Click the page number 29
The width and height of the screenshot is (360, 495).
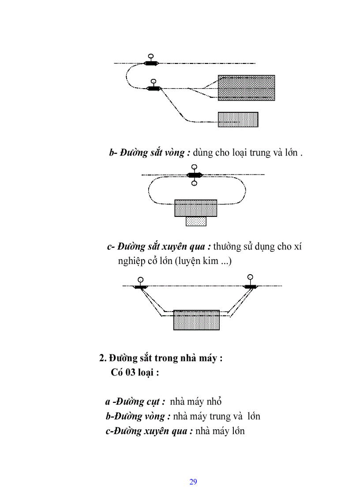click(x=193, y=481)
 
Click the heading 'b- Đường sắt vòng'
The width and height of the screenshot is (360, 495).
click(x=150, y=153)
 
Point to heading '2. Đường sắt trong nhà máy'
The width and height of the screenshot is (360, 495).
click(x=161, y=358)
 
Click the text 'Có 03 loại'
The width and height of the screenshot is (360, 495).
click(x=135, y=372)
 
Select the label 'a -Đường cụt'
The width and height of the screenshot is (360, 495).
click(x=135, y=402)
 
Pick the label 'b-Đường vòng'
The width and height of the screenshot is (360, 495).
click(x=138, y=416)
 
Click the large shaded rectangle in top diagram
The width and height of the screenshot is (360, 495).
click(x=246, y=88)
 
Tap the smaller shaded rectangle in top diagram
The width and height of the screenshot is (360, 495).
click(x=238, y=119)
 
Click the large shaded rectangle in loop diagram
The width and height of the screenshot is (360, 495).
click(x=196, y=208)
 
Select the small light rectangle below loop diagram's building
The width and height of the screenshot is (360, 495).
click(x=196, y=221)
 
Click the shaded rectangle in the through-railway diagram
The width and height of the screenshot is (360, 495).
click(x=196, y=320)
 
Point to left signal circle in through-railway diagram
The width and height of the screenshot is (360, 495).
click(x=140, y=279)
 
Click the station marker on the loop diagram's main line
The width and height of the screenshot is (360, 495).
click(x=194, y=175)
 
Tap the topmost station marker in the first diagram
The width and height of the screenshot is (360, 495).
click(x=151, y=63)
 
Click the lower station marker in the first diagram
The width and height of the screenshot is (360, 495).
click(x=153, y=89)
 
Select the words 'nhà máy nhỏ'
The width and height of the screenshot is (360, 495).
click(x=195, y=402)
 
